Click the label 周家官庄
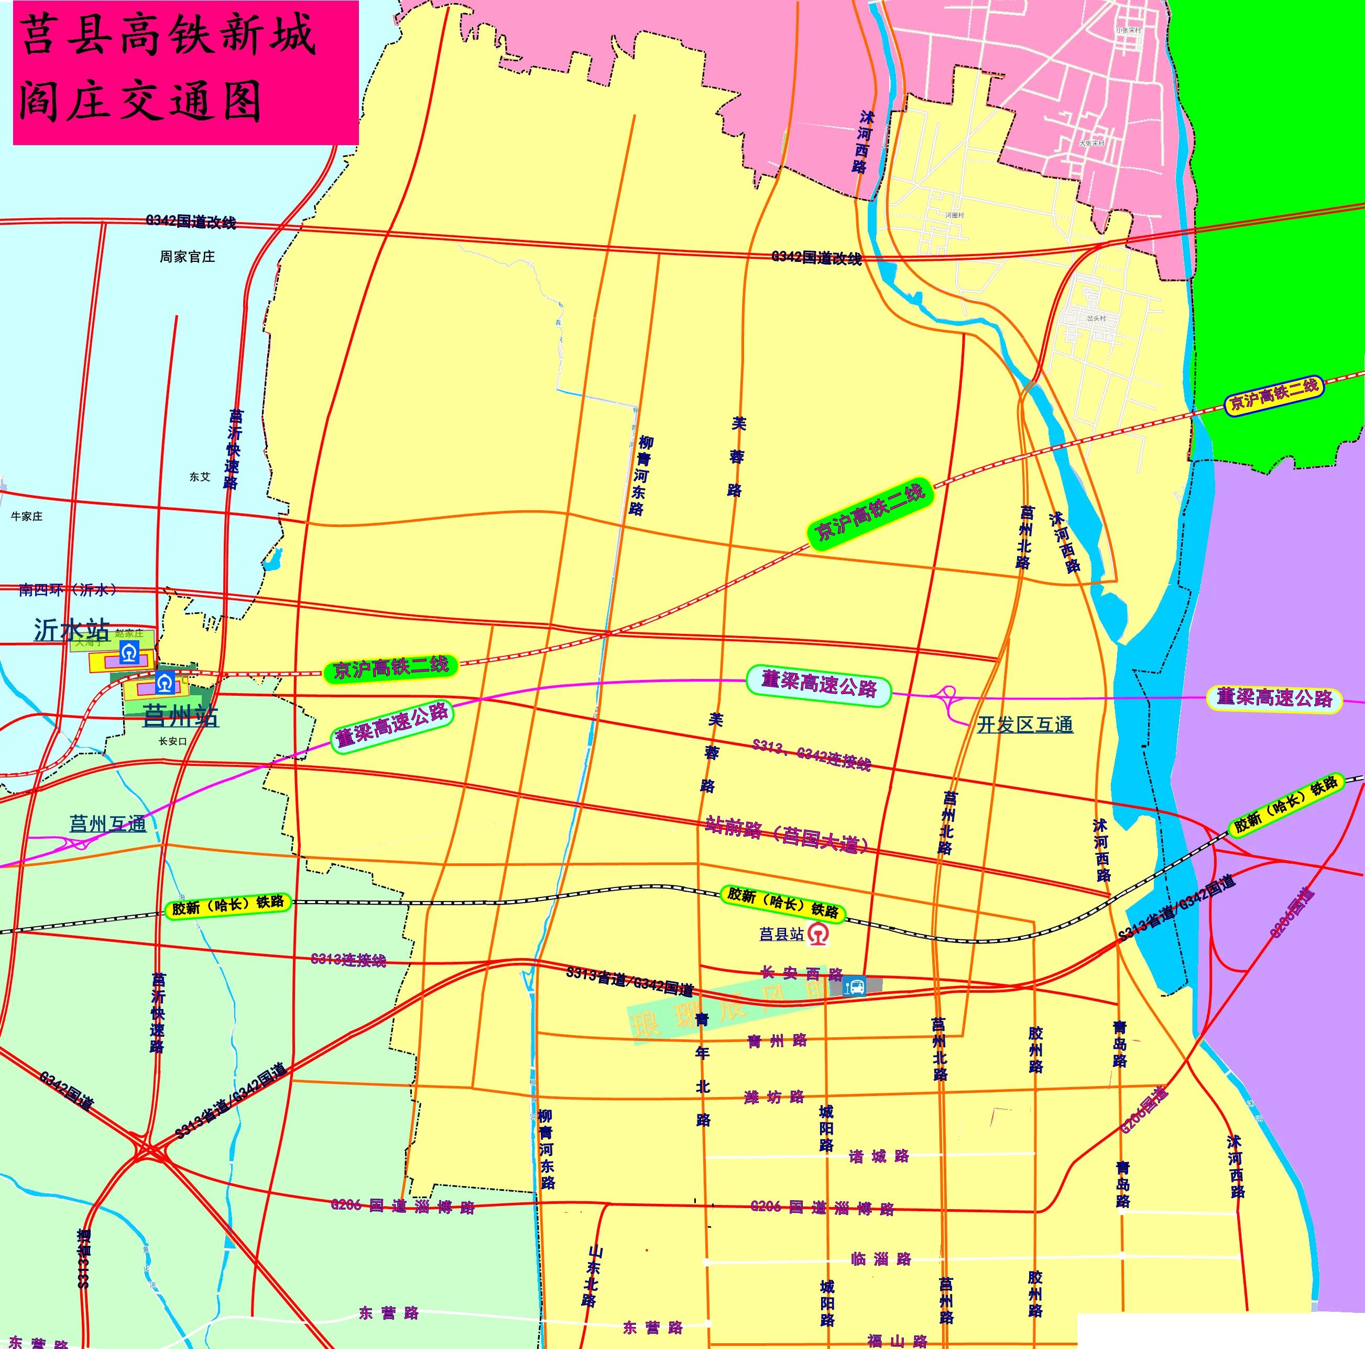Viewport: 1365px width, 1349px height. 187,257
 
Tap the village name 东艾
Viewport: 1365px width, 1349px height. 200,477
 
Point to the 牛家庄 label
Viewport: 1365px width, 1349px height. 27,517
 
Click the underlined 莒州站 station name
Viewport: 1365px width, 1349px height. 181,716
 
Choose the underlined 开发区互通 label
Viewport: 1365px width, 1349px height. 1024,725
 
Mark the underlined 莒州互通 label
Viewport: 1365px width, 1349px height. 107,824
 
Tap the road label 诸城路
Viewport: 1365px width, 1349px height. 879,1157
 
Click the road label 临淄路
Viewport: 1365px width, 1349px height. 881,1258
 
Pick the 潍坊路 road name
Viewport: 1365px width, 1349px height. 774,1098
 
